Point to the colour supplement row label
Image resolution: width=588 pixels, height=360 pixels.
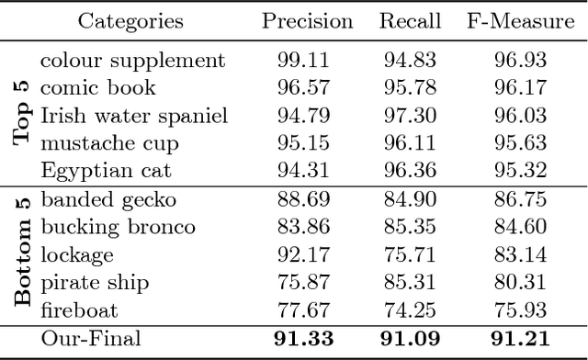(132, 62)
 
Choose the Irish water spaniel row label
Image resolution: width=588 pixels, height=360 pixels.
(134, 117)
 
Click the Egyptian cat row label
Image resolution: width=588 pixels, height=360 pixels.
(106, 171)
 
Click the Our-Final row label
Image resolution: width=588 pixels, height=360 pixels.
(91, 339)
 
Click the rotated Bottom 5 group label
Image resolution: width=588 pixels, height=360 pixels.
(22, 253)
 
